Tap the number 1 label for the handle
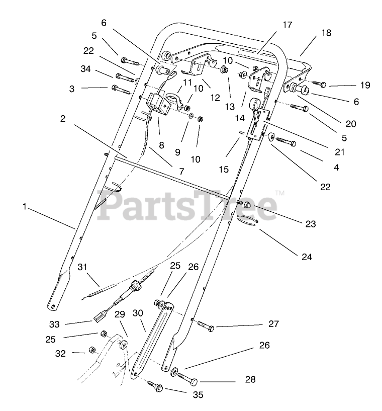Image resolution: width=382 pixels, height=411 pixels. pos(24,206)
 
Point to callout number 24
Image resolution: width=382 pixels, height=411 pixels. pos(307,257)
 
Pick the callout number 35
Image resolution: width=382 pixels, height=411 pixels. pos(198,395)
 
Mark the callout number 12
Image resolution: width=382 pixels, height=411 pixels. pos(216,98)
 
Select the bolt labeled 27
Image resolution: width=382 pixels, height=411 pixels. pos(206,327)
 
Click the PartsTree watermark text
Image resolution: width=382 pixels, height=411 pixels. pos(186,205)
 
